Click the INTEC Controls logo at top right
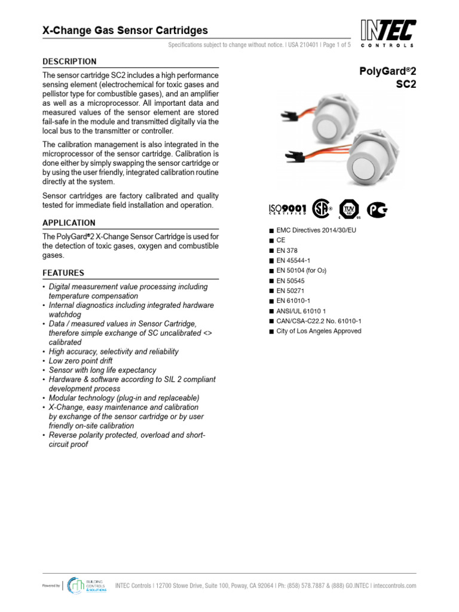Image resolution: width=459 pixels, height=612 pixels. (x=388, y=33)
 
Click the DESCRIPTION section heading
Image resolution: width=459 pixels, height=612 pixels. (x=69, y=62)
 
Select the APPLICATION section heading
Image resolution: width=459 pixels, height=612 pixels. (x=69, y=223)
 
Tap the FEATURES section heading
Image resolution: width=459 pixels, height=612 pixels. (x=63, y=273)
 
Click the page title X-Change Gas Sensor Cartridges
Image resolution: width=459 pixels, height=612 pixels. (x=125, y=30)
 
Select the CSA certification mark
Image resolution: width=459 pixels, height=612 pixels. (x=323, y=209)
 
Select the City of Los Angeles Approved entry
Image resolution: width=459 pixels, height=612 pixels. (x=319, y=331)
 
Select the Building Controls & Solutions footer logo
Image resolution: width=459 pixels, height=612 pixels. (x=87, y=586)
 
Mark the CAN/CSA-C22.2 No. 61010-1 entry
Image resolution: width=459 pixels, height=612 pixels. (x=319, y=321)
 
